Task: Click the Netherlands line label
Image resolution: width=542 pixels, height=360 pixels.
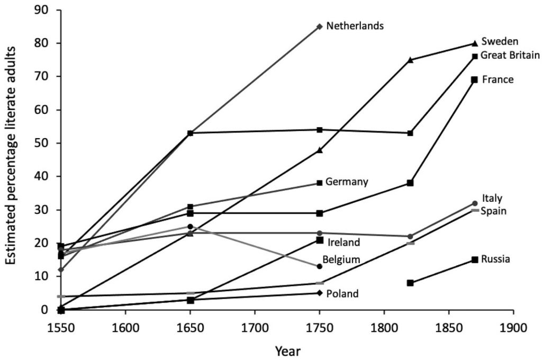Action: [355, 26]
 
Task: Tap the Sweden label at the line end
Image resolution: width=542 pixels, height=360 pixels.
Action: [500, 41]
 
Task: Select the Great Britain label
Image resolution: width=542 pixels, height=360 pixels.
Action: [510, 55]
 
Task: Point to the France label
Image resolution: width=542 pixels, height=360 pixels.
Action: [498, 79]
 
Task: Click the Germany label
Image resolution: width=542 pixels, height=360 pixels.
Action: [347, 182]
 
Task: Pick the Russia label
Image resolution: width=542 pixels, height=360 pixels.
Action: [496, 259]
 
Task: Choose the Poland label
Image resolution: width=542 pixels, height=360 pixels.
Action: [342, 294]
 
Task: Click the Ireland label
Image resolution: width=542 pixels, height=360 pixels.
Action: [344, 242]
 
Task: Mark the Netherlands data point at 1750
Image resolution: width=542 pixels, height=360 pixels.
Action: [319, 26]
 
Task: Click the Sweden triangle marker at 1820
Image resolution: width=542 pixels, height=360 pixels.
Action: [410, 60]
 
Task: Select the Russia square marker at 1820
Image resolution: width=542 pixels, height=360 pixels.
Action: [410, 283]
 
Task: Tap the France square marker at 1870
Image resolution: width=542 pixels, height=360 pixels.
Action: [475, 79]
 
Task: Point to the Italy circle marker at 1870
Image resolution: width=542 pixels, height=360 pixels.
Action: [475, 203]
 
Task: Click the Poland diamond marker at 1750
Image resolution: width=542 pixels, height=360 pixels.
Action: [319, 293]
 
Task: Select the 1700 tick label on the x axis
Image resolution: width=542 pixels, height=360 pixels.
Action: [255, 327]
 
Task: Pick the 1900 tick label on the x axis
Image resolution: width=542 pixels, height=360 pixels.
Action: [514, 327]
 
